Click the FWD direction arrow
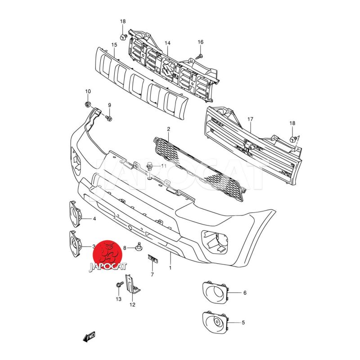coord(89,337)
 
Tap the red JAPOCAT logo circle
coord(107,255)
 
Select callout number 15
coord(114,45)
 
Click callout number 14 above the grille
coord(167,43)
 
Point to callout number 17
coord(250,119)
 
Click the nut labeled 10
coord(87,104)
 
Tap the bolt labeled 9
coord(108,118)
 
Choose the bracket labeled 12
coord(132,284)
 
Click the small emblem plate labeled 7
coord(153,258)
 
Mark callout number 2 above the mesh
coord(168,129)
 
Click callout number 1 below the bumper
coord(170,268)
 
